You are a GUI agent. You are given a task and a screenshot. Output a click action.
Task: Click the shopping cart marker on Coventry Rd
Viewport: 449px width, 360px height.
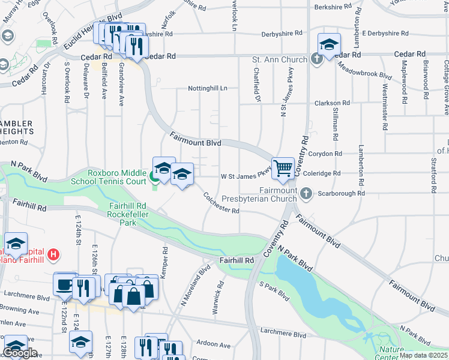click(282, 168)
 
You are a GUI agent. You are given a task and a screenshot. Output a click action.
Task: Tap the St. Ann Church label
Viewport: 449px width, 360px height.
click(280, 59)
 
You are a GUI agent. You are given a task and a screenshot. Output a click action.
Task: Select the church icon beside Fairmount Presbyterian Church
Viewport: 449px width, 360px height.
click(307, 193)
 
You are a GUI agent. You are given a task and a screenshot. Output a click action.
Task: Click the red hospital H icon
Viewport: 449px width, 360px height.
click(54, 254)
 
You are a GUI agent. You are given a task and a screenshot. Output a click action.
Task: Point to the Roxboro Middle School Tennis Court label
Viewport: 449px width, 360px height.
click(117, 176)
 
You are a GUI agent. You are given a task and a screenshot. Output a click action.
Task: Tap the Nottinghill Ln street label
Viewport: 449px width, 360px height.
click(208, 88)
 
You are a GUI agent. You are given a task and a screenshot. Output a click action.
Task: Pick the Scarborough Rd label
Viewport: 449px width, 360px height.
click(341, 194)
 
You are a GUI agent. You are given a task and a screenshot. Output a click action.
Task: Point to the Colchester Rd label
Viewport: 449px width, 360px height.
click(221, 203)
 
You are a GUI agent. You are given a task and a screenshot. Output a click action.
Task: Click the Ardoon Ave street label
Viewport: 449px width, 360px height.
click(214, 345)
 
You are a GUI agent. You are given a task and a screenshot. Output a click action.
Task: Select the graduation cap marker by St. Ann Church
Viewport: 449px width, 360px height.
click(329, 46)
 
